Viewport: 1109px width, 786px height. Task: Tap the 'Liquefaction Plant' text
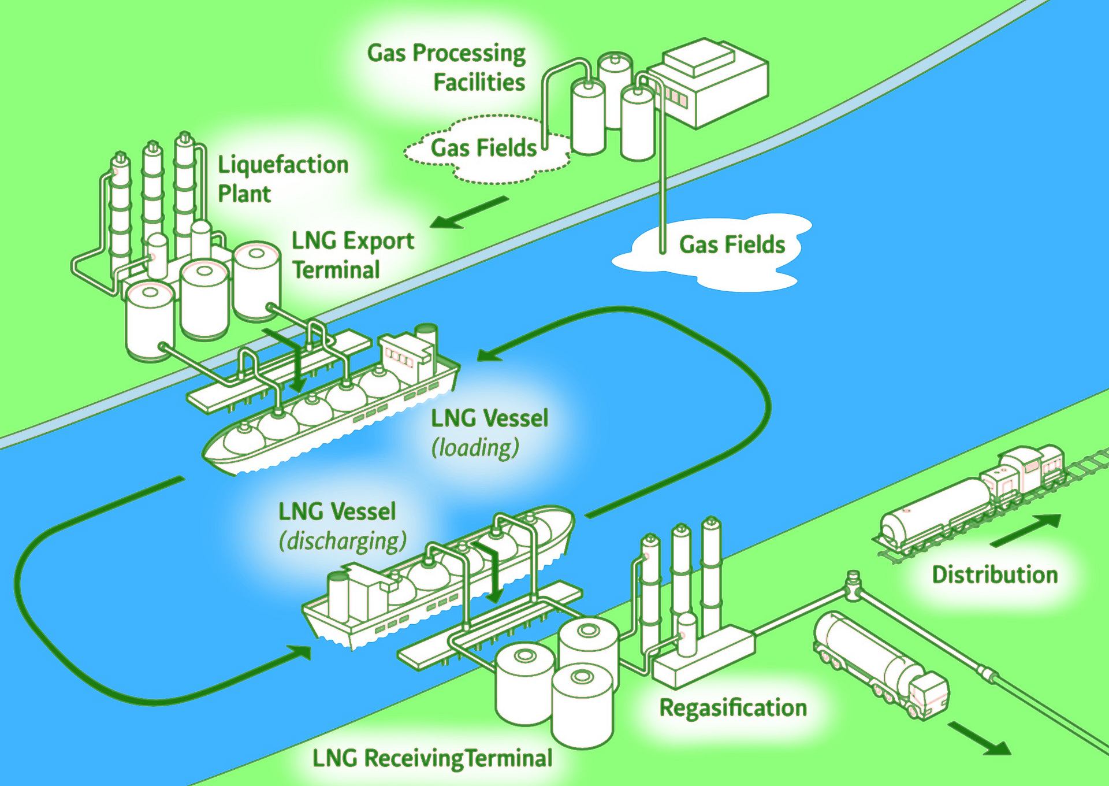282,179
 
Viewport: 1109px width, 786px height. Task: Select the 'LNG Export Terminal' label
352,255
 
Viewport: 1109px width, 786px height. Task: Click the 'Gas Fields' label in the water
732,245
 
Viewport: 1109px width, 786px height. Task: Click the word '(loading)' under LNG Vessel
475,448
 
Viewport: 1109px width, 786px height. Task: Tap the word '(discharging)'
343,542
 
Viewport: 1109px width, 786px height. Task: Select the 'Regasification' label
733,708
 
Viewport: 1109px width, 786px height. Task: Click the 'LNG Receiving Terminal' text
432,758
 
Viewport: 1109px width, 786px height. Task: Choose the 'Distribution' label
995,574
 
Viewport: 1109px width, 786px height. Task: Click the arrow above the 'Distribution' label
1025,531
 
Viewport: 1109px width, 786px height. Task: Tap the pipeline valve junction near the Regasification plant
853,585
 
